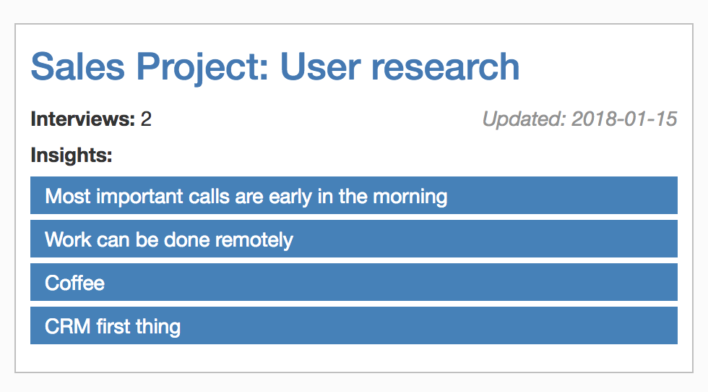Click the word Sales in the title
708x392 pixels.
78,67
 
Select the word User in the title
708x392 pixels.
320,67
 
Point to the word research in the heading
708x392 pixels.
445,67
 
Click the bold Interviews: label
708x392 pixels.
83,119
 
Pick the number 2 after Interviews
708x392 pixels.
146,119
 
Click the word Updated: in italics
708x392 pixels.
524,119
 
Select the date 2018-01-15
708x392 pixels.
624,119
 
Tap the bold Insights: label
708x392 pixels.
72,155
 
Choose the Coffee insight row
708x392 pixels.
354,282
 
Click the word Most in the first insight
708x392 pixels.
68,196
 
